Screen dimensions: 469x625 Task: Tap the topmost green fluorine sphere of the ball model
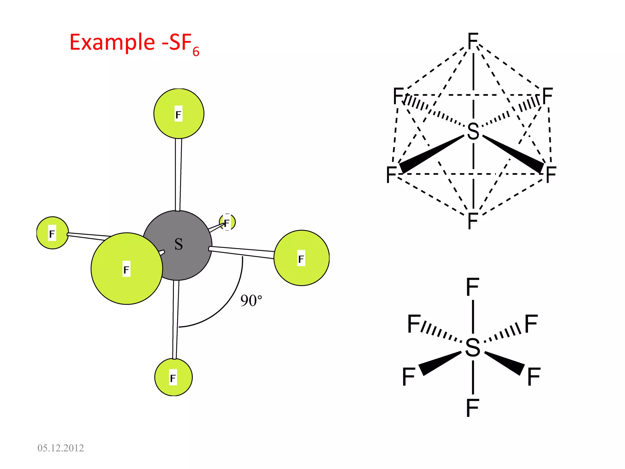[179, 114]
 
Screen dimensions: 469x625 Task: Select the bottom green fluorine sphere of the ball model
[173, 377]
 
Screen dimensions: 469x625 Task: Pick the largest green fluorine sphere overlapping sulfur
[127, 269]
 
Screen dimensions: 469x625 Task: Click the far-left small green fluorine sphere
[52, 233]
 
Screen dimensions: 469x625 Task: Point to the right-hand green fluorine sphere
[302, 258]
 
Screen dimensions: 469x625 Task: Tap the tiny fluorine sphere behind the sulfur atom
[227, 222]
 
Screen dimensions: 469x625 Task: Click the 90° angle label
[251, 301]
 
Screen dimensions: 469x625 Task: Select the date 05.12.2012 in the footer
[60, 448]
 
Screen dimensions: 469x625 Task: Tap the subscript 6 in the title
[196, 52]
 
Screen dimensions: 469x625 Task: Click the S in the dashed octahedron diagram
[473, 131]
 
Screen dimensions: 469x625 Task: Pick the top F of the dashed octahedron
[473, 41]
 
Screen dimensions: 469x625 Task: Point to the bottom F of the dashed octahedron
[473, 221]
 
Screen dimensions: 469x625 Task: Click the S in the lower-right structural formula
[473, 347]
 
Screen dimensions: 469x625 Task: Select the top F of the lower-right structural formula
[473, 287]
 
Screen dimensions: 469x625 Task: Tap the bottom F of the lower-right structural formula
[473, 408]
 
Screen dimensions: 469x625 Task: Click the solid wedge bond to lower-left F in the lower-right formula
[439, 363]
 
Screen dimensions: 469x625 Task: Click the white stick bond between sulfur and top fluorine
[178, 174]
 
